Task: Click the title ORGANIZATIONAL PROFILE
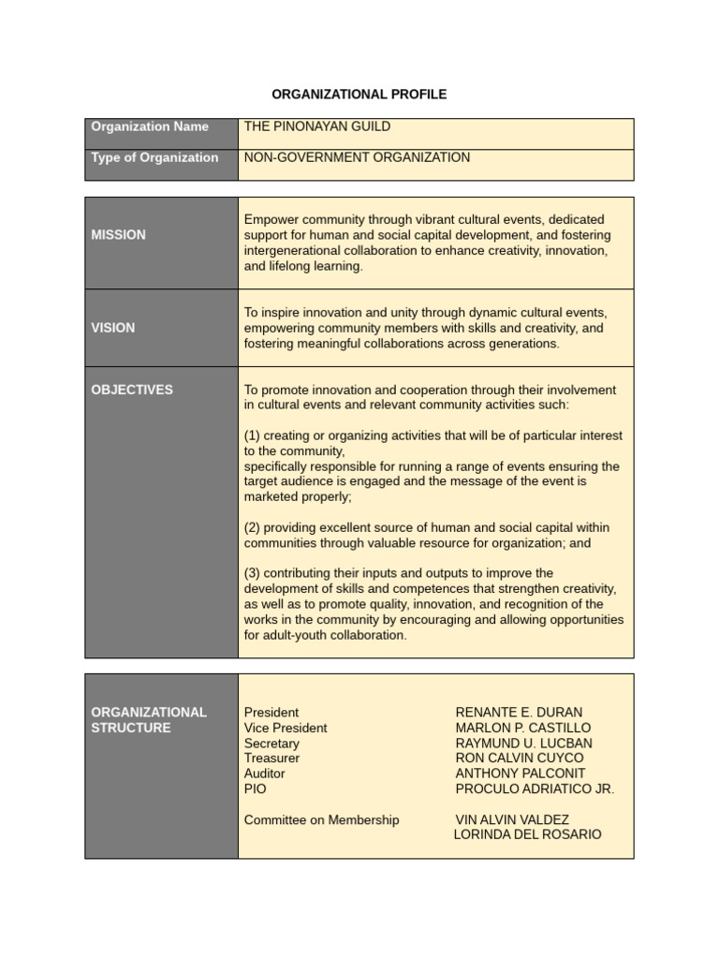click(x=359, y=95)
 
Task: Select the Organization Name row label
click(x=150, y=126)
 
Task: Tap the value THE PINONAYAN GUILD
click(x=317, y=126)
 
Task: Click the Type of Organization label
click(x=154, y=157)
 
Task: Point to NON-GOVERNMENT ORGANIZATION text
click(x=357, y=157)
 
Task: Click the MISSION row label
click(x=118, y=235)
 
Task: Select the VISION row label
click(x=112, y=328)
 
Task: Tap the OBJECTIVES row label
click(x=132, y=390)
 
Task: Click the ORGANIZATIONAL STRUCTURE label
click(x=149, y=720)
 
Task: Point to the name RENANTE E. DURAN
click(x=519, y=713)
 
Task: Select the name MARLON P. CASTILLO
click(x=523, y=728)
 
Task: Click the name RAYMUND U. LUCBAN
click(x=523, y=744)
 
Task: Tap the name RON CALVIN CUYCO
click(x=519, y=759)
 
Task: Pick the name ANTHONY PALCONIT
click(x=520, y=774)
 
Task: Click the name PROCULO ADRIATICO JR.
click(x=535, y=789)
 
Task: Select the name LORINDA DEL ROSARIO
click(x=527, y=834)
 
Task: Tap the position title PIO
click(x=255, y=789)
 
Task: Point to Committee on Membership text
click(x=321, y=819)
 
